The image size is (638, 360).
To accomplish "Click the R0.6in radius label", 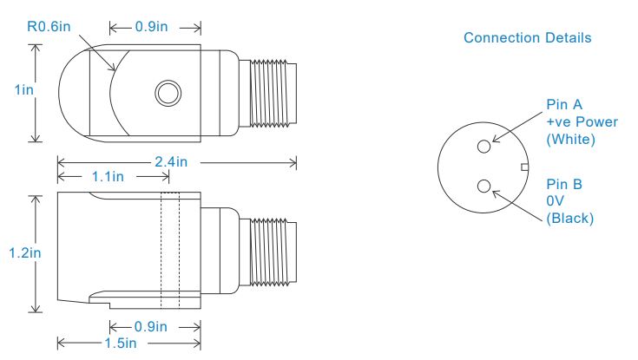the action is [x=49, y=27].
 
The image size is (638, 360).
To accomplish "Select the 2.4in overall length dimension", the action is [x=171, y=162].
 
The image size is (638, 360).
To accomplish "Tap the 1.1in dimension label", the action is [x=108, y=177].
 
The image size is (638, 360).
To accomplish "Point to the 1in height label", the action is [x=24, y=90].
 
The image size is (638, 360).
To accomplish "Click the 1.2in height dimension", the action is [x=25, y=253].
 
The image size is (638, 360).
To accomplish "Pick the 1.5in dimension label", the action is [x=121, y=343].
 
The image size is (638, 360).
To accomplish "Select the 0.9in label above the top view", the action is [x=151, y=27].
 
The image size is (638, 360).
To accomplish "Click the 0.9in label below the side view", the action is [x=150, y=327].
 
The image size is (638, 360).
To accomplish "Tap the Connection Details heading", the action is [x=528, y=38].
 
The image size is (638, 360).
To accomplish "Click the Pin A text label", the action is [x=564, y=105].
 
